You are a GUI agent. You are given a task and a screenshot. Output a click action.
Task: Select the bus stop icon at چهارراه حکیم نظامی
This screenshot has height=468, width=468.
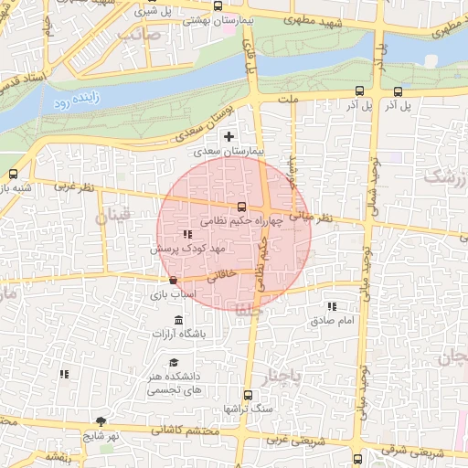pyautogui.click(x=241, y=207)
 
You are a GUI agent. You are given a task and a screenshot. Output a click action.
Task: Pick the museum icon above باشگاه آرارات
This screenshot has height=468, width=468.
pyautogui.click(x=177, y=320)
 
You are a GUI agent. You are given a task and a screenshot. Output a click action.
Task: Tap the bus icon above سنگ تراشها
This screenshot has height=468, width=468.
pyautogui.click(x=247, y=395)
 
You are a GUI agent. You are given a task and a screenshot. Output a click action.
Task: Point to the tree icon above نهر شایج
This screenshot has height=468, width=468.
pyautogui.click(x=101, y=421)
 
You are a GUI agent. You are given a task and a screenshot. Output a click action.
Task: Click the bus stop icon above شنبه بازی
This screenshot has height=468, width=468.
pyautogui.click(x=13, y=174)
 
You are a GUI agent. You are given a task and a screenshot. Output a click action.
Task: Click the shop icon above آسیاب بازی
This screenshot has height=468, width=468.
pyautogui.click(x=174, y=280)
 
